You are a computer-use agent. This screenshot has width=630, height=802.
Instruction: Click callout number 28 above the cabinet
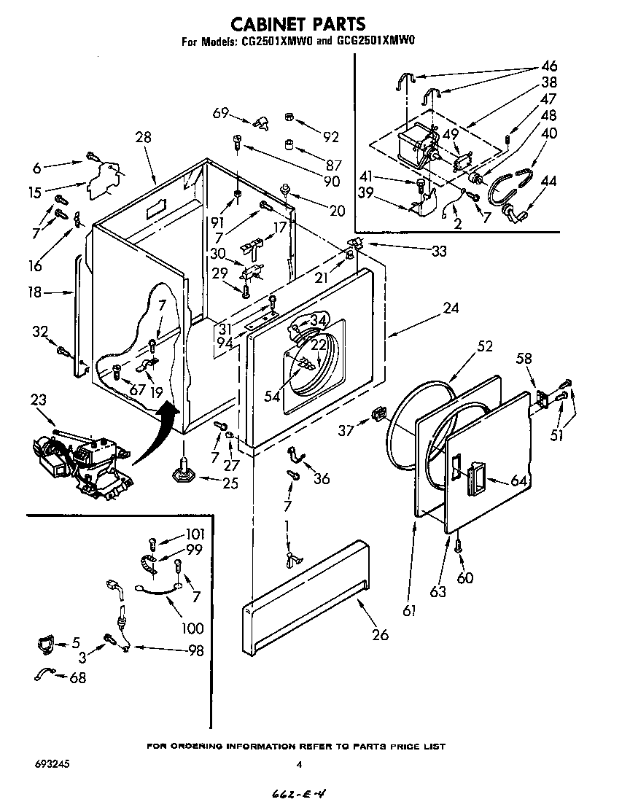pyautogui.click(x=144, y=136)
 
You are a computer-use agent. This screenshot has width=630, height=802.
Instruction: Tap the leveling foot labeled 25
pyautogui.click(x=182, y=473)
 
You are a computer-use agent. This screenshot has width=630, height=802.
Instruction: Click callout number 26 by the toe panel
pyautogui.click(x=380, y=634)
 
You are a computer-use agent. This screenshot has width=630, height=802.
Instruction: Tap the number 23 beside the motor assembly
pyautogui.click(x=39, y=399)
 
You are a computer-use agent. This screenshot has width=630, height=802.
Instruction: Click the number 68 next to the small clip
pyautogui.click(x=77, y=678)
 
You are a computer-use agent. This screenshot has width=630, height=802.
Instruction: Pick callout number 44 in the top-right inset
pyautogui.click(x=549, y=181)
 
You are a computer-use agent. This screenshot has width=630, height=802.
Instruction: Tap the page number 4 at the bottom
pyautogui.click(x=299, y=765)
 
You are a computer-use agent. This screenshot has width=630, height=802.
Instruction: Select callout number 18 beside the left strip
pyautogui.click(x=34, y=292)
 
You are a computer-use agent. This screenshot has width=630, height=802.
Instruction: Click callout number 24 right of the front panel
pyautogui.click(x=451, y=308)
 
